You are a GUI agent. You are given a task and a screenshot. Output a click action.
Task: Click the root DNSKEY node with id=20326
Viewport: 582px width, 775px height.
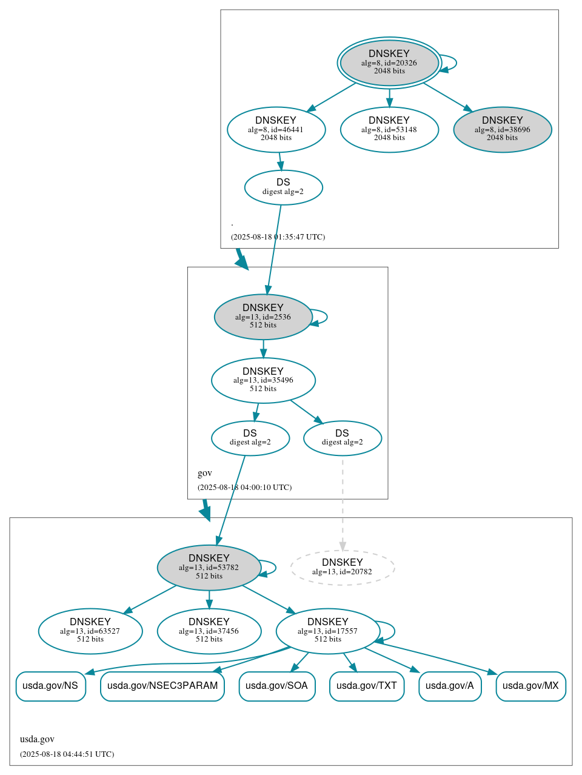pos(389,62)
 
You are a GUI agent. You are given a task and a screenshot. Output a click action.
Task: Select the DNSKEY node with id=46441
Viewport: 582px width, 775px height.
pos(276,129)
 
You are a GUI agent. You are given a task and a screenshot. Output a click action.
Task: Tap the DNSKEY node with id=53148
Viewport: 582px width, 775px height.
pos(389,129)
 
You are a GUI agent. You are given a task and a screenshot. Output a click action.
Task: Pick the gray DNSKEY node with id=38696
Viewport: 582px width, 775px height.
pos(502,129)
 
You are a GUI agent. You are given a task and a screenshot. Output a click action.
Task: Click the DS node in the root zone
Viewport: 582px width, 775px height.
pos(283,187)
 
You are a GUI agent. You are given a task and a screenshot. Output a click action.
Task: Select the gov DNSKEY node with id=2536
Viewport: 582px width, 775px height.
pos(263,316)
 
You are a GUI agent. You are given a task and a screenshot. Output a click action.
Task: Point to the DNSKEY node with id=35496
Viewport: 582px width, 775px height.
pos(263,380)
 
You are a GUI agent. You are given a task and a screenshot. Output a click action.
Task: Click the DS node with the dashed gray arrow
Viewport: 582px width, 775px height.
pos(342,437)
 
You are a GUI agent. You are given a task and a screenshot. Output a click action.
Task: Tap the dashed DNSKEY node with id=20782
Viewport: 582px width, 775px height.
pos(342,567)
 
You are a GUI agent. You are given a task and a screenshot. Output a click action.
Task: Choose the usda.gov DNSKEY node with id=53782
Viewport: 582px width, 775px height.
pos(209,567)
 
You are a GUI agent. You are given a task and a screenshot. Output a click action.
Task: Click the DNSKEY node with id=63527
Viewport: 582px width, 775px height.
pos(90,630)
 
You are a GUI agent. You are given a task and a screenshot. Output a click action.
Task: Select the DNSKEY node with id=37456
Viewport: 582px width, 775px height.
pos(209,630)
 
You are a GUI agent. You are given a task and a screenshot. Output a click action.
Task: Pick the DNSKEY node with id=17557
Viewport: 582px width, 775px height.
pos(327,630)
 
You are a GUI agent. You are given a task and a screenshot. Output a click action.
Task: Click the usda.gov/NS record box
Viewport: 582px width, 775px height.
pos(50,686)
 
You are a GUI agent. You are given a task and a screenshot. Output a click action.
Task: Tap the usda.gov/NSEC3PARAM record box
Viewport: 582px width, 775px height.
pos(162,686)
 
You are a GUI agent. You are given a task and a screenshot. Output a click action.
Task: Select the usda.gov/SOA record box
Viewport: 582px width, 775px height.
pos(276,686)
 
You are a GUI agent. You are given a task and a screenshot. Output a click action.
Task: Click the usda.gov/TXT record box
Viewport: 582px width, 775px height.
pos(366,686)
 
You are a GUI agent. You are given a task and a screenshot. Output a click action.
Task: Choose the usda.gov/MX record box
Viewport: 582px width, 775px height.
pos(530,686)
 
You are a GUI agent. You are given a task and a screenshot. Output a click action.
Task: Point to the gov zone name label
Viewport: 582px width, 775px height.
pos(205,473)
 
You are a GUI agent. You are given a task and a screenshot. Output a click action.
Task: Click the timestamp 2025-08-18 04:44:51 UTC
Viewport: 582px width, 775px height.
pos(67,754)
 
